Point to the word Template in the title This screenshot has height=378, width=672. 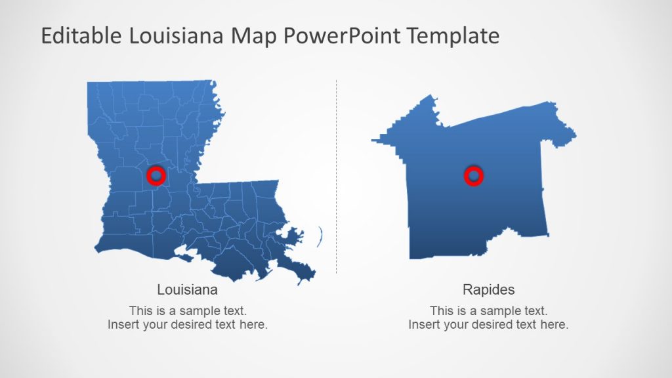point(453,35)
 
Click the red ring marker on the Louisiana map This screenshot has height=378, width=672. point(156,175)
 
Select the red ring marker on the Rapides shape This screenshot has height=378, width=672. point(473,175)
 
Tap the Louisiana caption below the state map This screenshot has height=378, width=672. point(188,289)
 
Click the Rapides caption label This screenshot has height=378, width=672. point(488,289)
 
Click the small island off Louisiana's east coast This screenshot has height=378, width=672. point(321,235)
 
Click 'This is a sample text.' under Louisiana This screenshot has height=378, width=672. point(188,310)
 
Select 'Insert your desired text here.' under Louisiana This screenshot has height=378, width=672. point(188,324)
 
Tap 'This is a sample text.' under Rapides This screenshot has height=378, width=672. point(488,310)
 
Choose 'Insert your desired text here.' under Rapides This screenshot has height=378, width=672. point(488,324)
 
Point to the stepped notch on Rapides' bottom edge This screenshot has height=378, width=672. point(502,235)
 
